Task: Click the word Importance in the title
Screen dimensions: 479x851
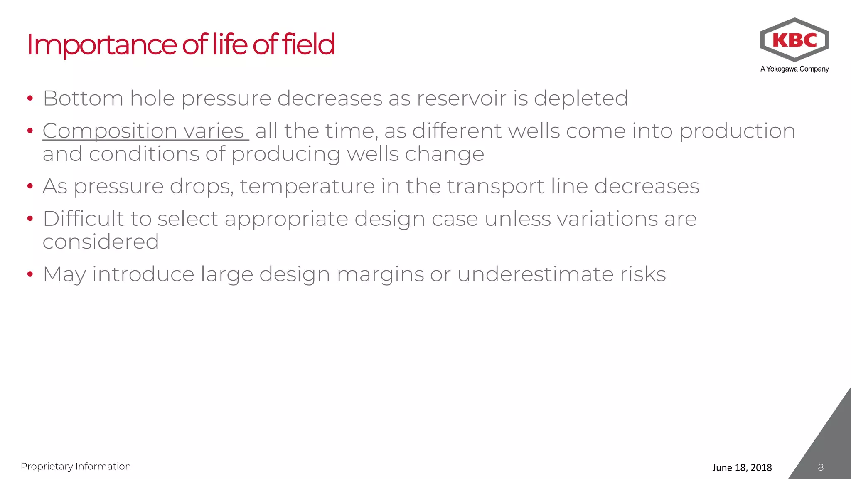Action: (x=102, y=44)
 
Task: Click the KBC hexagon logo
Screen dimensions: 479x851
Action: (x=794, y=40)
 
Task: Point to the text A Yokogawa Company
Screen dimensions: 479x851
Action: (x=794, y=69)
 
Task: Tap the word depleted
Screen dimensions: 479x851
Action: (x=580, y=99)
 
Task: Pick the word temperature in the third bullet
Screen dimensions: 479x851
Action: (x=307, y=186)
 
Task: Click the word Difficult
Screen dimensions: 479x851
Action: (x=84, y=219)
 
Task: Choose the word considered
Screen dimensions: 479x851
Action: (x=101, y=242)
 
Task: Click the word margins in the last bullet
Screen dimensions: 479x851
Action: (x=380, y=275)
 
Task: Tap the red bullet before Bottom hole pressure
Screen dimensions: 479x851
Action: (x=30, y=99)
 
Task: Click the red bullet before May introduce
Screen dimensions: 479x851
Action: (x=30, y=274)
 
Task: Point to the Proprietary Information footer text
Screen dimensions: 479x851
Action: (x=76, y=467)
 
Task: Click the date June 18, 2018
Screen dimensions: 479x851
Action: (x=742, y=467)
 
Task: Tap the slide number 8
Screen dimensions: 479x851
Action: (x=820, y=467)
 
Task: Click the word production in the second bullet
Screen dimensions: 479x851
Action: (x=737, y=131)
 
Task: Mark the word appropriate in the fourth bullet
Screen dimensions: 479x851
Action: (x=286, y=219)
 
